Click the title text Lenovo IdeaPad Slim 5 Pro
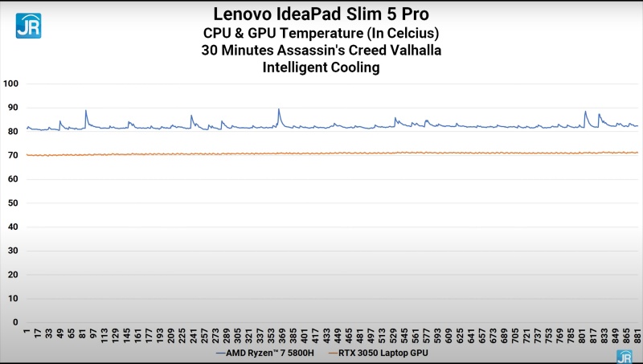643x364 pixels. pos(321,14)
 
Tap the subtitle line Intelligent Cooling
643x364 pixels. pos(321,67)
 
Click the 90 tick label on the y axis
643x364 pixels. pos(12,108)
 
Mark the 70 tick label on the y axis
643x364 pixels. pos(12,155)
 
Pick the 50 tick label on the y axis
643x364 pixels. pos(12,203)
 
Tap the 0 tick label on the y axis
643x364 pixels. pos(14,322)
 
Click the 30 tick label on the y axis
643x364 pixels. pos(12,251)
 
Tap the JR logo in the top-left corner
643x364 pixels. pos(28,26)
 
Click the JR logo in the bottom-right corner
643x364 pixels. pos(624,356)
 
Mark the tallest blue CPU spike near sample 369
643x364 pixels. pos(279,109)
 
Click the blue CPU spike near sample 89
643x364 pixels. pos(86,111)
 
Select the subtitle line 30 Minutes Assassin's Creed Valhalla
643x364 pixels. pos(321,50)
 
